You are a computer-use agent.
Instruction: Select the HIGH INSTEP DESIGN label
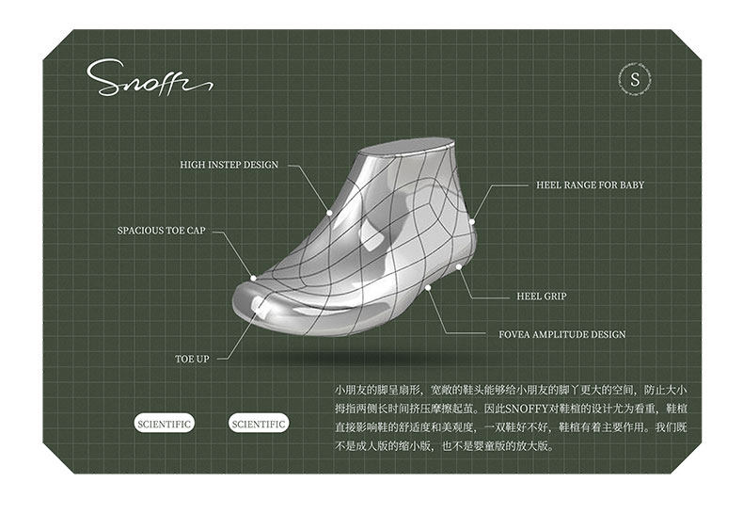coord(229,165)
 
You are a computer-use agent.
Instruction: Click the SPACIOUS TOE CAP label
coord(161,230)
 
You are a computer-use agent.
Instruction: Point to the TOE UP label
coord(192,359)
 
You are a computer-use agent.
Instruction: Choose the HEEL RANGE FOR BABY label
coord(590,185)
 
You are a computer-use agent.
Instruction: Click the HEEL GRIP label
coord(541,297)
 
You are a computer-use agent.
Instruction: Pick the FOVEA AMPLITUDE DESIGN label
coord(561,334)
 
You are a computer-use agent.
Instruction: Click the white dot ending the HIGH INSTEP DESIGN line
coord(329,213)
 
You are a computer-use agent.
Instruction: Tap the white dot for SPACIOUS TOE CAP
coord(253,277)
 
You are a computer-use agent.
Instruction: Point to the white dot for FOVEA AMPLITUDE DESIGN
coord(428,286)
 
